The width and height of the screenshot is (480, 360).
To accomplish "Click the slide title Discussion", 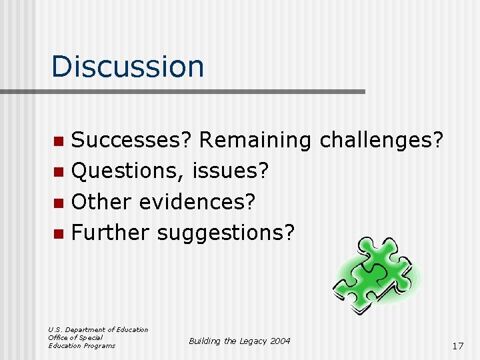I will pyautogui.click(x=127, y=66).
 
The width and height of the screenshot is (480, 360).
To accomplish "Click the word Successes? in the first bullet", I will pyautogui.click(x=131, y=141).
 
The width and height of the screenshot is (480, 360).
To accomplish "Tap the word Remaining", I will pyautogui.click(x=255, y=141).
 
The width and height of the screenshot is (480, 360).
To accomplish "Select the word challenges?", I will pyautogui.click(x=382, y=141).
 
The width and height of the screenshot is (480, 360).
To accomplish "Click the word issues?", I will pyautogui.click(x=230, y=171).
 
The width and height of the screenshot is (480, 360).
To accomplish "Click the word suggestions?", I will pyautogui.click(x=225, y=233).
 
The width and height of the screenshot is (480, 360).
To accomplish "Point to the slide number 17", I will pyautogui.click(x=457, y=346).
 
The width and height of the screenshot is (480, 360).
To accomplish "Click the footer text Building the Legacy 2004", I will pyautogui.click(x=239, y=341).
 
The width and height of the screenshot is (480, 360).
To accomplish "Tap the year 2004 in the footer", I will pyautogui.click(x=280, y=341).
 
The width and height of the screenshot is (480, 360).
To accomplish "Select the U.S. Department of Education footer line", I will pyautogui.click(x=98, y=330).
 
